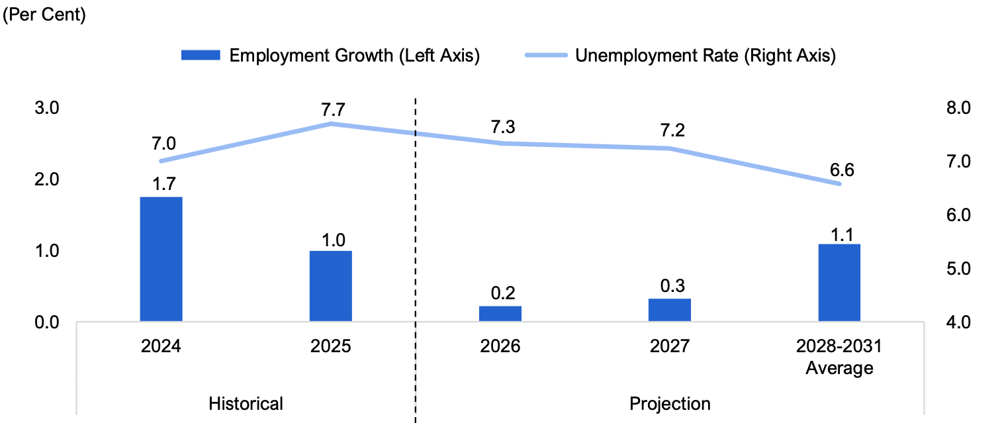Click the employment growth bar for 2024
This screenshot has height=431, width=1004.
tap(161, 260)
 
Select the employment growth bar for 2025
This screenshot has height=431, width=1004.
tap(331, 286)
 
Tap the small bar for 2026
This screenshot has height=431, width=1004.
tap(500, 314)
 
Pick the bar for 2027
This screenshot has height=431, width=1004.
tap(670, 310)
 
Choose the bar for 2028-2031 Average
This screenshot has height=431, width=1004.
tap(839, 283)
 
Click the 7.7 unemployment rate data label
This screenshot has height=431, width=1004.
tap(333, 110)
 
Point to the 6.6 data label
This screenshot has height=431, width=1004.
tap(842, 170)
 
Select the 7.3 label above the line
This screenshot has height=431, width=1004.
tap(503, 127)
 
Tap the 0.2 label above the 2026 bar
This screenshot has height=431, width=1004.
tap(503, 293)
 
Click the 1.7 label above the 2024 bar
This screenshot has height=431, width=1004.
tap(164, 184)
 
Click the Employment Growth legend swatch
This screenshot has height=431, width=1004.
tap(201, 55)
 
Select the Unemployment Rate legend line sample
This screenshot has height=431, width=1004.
tap(547, 55)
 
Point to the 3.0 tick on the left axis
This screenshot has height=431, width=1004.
tap(46, 108)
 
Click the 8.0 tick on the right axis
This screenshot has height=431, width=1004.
tap(958, 108)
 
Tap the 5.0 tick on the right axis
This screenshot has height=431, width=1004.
tap(958, 269)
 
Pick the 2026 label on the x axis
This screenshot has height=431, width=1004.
tap(500, 346)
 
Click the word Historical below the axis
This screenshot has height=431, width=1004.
tap(246, 404)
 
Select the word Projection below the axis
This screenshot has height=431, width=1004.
tap(670, 404)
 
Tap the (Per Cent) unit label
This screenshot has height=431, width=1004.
tap(44, 15)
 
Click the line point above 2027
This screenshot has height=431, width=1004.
tap(670, 148)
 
